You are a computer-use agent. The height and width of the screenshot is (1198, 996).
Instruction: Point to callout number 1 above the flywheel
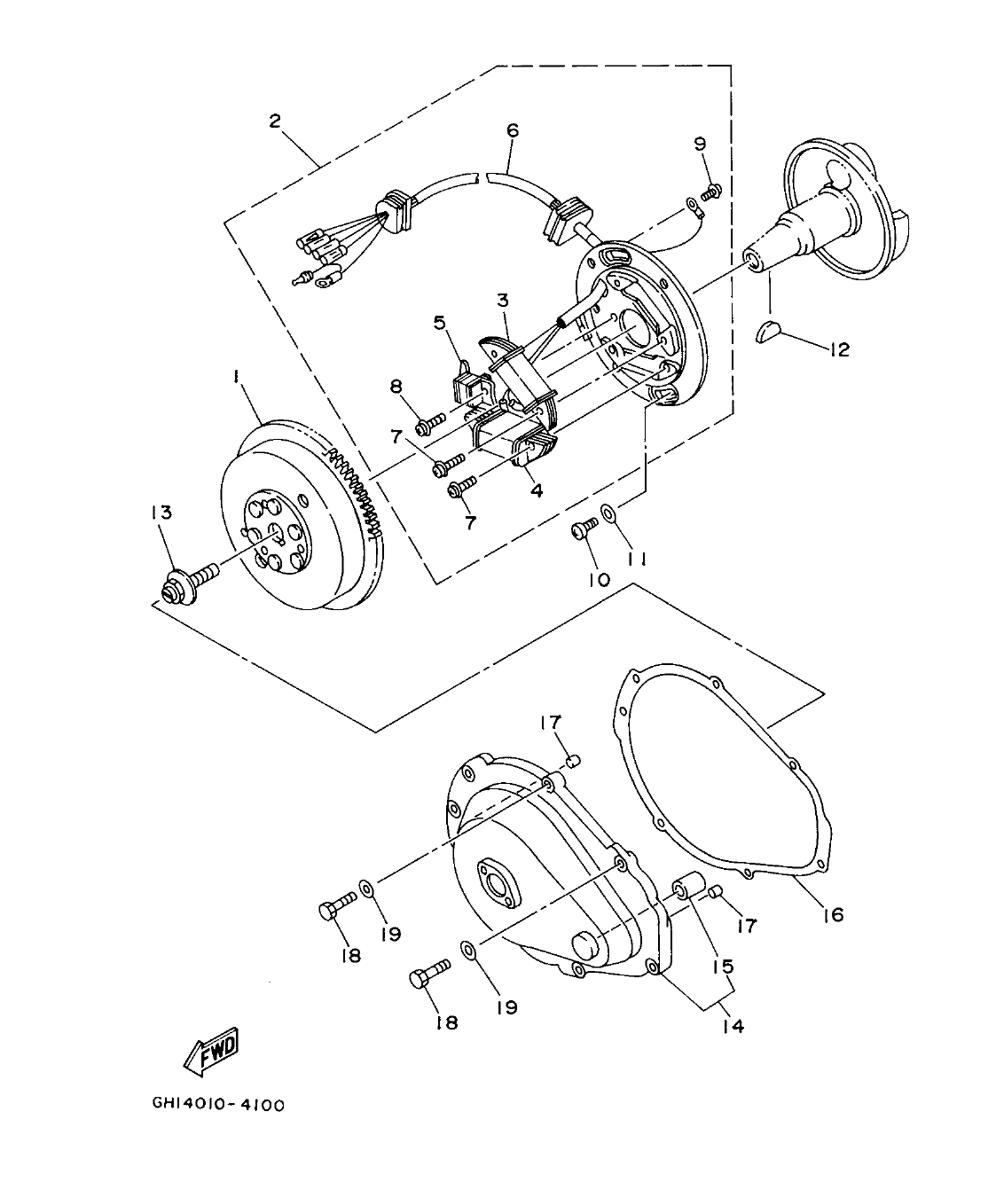(236, 377)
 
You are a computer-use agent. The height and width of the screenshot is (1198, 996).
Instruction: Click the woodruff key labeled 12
(769, 332)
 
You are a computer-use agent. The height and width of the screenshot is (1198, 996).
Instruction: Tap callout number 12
(839, 349)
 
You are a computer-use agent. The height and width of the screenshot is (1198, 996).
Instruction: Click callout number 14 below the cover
(733, 1026)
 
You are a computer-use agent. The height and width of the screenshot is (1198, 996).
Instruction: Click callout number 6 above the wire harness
(512, 129)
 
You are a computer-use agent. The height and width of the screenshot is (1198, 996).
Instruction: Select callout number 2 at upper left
(275, 121)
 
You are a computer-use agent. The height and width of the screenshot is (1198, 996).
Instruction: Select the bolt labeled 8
(431, 424)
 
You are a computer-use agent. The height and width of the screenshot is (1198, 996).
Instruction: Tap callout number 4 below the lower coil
(536, 489)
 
